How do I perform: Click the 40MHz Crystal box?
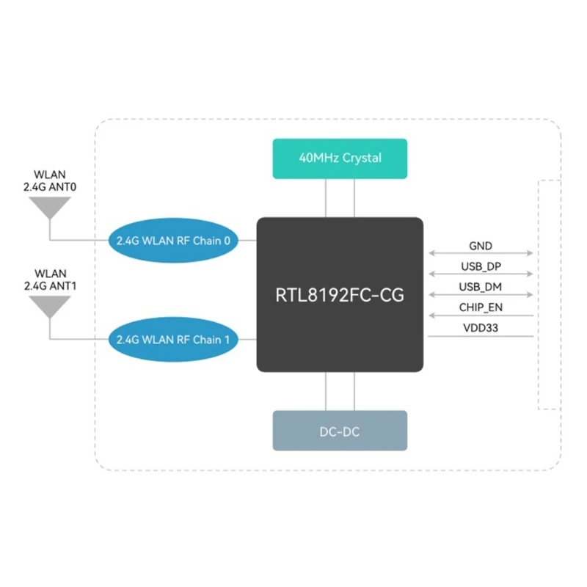pos(339,158)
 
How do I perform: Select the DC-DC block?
pos(339,431)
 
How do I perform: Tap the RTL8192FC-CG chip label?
pos(340,295)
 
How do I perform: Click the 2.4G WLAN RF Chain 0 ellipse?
pos(174,240)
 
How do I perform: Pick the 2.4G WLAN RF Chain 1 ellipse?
pos(174,340)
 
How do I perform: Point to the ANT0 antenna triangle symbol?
pos(50,208)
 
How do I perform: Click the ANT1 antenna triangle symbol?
pos(50,305)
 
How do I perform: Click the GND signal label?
pos(481,246)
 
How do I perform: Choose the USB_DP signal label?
pos(481,266)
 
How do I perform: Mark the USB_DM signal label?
pos(481,286)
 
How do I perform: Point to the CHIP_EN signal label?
pos(481,307)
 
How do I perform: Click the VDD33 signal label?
pos(481,327)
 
